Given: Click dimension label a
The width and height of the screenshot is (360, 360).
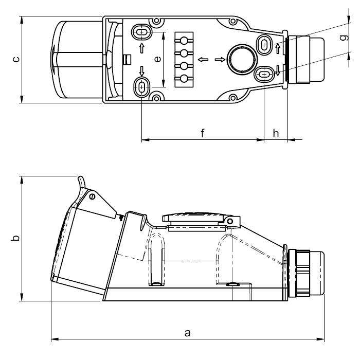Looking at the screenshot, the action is pos(188,333).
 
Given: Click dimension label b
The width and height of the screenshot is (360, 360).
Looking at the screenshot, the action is pos(15,238).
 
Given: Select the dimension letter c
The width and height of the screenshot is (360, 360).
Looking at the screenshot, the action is pos(16,59).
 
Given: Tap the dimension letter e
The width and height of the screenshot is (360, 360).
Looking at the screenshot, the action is pos(157,59).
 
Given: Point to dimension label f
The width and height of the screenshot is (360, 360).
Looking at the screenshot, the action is pos(203,133).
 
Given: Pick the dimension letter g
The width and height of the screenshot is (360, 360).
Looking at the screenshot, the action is pos(344,37).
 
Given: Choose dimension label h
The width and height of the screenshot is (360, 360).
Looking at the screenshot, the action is pos(276,133).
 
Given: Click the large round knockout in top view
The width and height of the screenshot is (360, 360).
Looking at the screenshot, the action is pos(242,59).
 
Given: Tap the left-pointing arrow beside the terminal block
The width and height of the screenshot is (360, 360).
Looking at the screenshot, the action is pos(203,60).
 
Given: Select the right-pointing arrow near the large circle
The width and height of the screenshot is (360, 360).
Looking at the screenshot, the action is pos(220,60).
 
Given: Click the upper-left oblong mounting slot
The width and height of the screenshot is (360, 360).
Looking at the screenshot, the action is pos(141,32).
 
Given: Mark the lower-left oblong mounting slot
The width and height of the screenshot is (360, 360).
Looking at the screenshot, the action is pos(141,87).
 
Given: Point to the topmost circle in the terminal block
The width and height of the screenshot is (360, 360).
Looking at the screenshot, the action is pos(184,41).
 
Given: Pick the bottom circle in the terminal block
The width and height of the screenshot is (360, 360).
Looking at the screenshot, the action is pos(184,79).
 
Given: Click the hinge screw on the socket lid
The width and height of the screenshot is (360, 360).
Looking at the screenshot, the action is pos(92,196).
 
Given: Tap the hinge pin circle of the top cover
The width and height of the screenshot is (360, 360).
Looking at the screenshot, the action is pos(230,221).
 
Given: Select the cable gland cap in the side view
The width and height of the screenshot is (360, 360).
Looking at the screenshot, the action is pos(316,273).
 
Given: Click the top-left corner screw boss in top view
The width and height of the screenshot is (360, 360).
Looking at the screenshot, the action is pos(156,21).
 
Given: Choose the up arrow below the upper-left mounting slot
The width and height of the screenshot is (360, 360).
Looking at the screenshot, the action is pos(141,48).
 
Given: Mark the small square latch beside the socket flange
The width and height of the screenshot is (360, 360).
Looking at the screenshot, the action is pos(127,60).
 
